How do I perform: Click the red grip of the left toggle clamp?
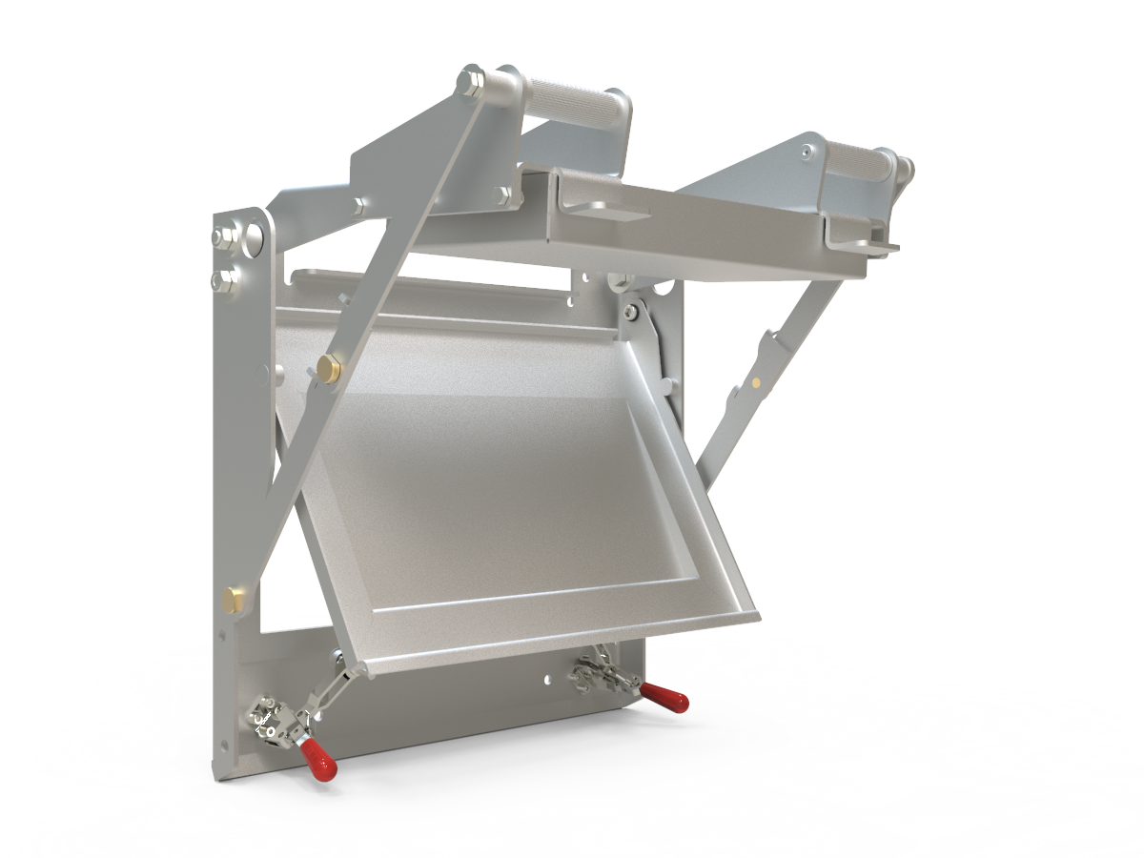point(317,757)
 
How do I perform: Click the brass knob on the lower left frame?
point(233,600)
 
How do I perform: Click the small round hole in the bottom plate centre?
point(546,680)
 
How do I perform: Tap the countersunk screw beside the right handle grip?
point(809,149)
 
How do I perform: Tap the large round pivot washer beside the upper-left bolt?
point(255,236)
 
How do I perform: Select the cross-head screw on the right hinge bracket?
point(633,313)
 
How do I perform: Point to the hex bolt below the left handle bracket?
point(502,194)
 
